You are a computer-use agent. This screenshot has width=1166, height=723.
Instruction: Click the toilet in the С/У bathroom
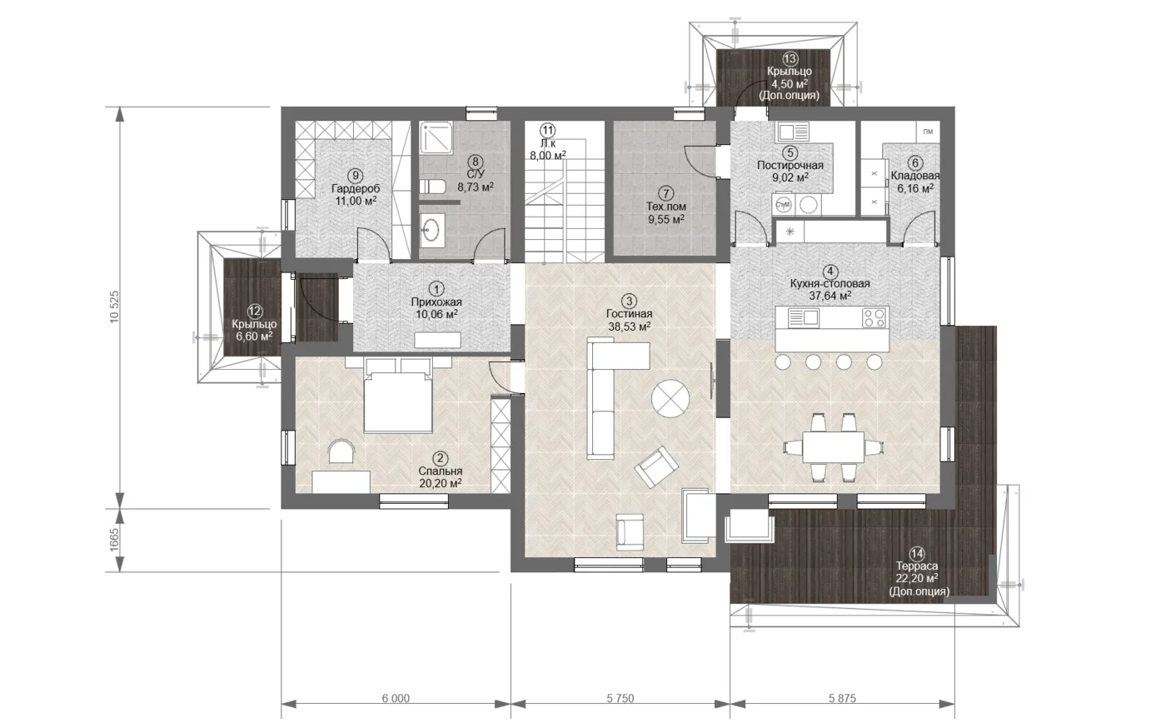point(431,186)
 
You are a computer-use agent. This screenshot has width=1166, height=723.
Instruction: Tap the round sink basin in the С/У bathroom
point(431,229)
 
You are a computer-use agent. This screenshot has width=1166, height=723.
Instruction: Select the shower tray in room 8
point(436,138)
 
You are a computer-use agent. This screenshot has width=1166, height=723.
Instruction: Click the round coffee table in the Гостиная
point(670,398)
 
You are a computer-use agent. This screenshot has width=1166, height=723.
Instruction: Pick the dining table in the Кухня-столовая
point(833,447)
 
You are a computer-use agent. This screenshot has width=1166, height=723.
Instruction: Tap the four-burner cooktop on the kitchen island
point(874,317)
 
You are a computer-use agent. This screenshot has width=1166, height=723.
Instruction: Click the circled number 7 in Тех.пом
point(665,193)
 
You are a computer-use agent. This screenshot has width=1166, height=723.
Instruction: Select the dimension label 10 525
point(115,307)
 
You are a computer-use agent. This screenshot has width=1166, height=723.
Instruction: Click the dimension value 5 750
point(620,698)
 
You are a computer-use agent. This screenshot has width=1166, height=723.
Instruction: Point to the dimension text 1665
point(115,540)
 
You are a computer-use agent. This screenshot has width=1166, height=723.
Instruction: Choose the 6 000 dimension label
point(396,698)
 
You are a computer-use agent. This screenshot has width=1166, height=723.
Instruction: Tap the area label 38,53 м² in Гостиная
point(630,327)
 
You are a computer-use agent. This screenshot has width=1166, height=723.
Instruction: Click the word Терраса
point(917,566)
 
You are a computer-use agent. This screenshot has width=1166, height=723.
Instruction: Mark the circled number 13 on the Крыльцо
point(790,59)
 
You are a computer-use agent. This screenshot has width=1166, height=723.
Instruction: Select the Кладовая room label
point(915,176)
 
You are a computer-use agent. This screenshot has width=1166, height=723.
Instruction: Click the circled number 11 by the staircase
point(547,130)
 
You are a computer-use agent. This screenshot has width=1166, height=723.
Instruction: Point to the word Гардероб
point(356,188)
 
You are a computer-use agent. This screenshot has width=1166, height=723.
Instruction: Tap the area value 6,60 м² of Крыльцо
point(254,337)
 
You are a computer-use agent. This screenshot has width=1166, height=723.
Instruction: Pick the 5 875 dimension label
point(842,698)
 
